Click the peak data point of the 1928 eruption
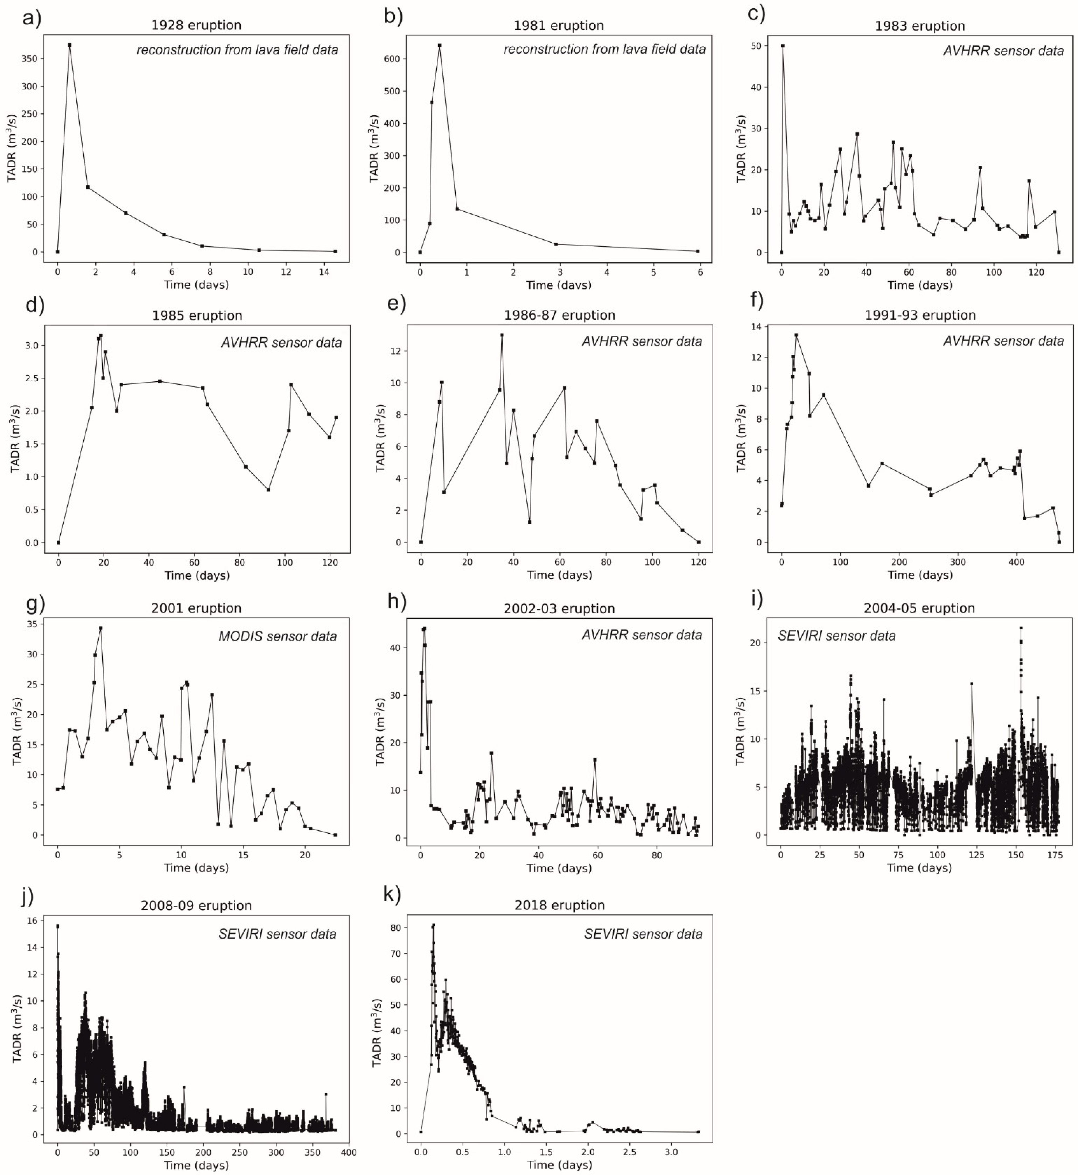click(69, 45)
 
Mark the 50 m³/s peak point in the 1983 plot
click(783, 46)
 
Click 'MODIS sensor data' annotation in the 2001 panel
click(278, 636)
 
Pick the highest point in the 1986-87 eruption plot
click(502, 335)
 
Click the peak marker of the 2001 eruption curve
click(100, 628)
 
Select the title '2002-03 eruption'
click(559, 609)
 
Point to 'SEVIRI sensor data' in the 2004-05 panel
click(837, 636)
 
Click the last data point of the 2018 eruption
click(698, 1132)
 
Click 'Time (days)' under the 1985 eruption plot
click(197, 575)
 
